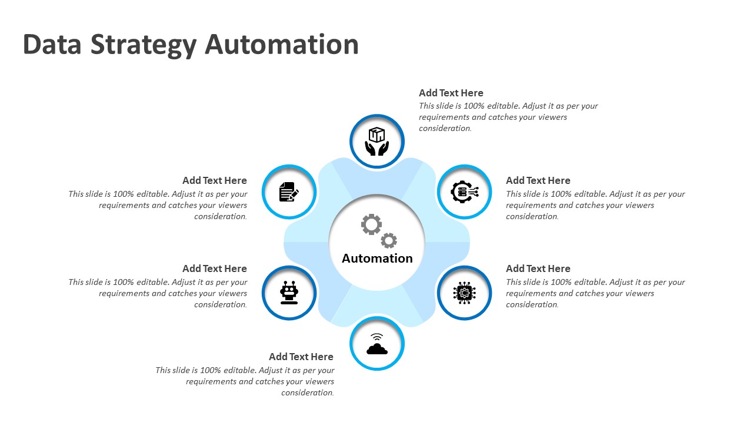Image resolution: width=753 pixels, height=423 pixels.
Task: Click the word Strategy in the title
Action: [142, 45]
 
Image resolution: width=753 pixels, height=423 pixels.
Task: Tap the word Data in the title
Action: [52, 45]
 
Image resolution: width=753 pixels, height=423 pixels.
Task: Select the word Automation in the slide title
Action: [282, 45]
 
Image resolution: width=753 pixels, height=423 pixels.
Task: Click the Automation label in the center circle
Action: [377, 258]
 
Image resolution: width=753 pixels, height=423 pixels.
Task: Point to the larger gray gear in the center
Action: [371, 224]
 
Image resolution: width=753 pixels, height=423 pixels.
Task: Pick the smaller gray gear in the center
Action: [389, 240]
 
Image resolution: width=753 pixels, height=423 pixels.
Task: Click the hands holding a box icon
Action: [377, 142]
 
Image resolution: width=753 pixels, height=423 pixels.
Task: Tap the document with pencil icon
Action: [289, 192]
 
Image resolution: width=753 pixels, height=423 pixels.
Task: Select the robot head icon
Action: [289, 293]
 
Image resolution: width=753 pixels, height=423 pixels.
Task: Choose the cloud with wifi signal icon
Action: [377, 344]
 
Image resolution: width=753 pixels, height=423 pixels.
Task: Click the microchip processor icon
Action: [464, 293]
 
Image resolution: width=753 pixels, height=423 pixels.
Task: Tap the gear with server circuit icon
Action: [464, 192]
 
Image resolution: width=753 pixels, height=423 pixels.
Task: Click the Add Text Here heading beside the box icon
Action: [451, 93]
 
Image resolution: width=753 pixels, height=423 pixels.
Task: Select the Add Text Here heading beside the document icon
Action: [215, 180]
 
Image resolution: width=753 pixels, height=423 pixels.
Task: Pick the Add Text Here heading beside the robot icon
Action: [215, 268]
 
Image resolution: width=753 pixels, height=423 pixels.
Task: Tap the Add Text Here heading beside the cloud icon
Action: [301, 357]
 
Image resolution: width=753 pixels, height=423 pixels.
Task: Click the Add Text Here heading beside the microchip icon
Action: [538, 268]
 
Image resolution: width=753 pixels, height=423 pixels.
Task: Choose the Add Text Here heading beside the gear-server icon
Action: [538, 180]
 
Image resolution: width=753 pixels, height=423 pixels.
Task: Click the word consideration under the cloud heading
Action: [308, 392]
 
